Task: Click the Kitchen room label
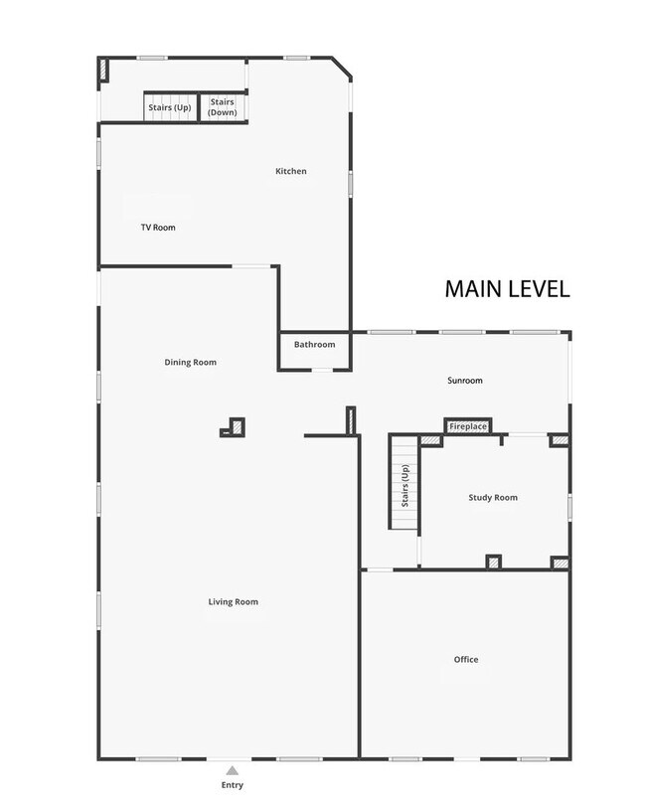click(x=291, y=172)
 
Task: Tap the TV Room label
click(x=157, y=228)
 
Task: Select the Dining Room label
click(x=190, y=363)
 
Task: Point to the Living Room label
click(x=234, y=602)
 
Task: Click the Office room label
click(x=466, y=660)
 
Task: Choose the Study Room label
click(x=493, y=498)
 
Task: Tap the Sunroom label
click(x=464, y=381)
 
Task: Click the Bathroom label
click(x=314, y=345)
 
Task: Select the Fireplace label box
click(x=468, y=426)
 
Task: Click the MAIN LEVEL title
click(x=506, y=289)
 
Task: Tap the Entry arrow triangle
click(x=232, y=769)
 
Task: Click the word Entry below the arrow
click(x=232, y=785)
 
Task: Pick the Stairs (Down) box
click(x=223, y=107)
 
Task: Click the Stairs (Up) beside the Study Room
click(x=404, y=485)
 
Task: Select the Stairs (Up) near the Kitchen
click(x=170, y=107)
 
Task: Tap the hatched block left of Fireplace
click(x=429, y=439)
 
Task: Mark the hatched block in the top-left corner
click(x=103, y=69)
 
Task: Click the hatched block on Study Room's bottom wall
click(x=494, y=563)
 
